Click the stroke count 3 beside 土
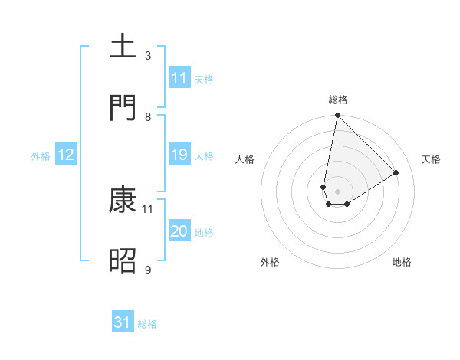pos(148,56)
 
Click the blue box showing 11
pos(179,78)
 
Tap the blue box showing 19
pos(179,155)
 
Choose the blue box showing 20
pos(179,232)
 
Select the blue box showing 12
pos(66,155)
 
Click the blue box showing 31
pos(123,323)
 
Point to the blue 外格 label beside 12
pos(41,156)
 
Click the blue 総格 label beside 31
pos(147,324)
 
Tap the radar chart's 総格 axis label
pos(338,100)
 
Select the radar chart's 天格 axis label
pos(432,159)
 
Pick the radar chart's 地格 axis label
pos(402,262)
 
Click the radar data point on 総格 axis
pos(337,116)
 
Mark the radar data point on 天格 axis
pos(396,172)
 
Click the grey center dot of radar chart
pos(337,191)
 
